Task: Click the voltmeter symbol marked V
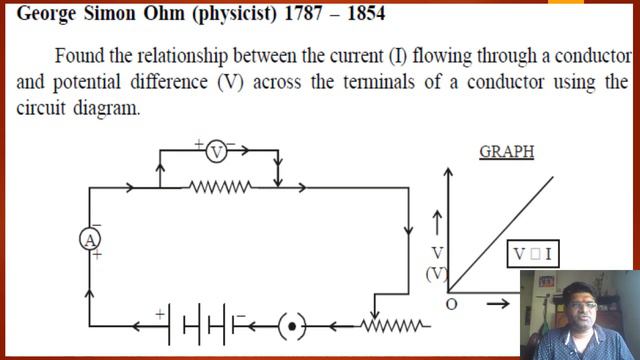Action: coord(217,152)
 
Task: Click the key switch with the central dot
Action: coord(291,325)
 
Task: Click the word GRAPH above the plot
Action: coord(506,152)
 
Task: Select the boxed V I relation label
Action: coord(533,254)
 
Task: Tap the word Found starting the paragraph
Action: coord(79,55)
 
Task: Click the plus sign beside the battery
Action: coord(158,313)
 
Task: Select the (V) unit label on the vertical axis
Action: coord(437,272)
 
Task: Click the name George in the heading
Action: coord(48,15)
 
